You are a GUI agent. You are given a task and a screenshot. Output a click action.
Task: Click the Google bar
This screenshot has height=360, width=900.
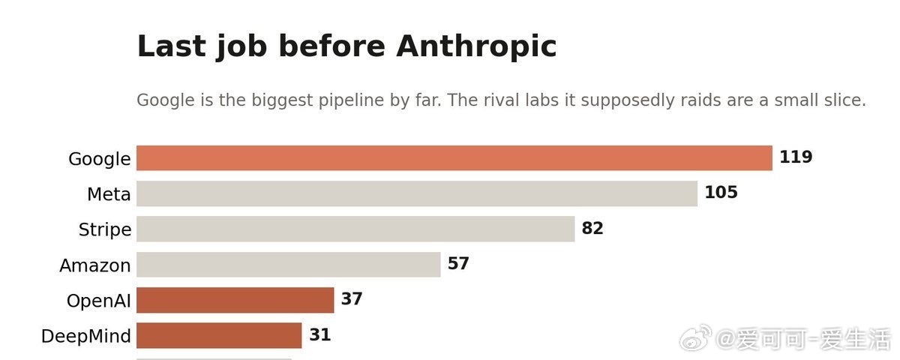[454, 158]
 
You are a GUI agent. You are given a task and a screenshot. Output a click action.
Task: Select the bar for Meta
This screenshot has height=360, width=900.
[417, 193]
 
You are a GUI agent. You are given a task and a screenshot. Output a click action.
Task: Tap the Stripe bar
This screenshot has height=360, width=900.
[355, 229]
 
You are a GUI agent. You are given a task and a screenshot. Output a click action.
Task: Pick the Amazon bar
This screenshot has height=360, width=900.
[289, 264]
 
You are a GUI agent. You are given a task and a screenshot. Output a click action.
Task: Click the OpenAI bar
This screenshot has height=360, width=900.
[235, 300]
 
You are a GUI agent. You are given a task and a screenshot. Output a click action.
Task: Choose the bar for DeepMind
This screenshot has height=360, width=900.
[219, 335]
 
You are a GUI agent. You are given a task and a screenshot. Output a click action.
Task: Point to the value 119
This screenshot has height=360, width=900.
[796, 157]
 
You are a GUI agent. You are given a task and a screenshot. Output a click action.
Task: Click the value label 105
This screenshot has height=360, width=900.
[721, 192]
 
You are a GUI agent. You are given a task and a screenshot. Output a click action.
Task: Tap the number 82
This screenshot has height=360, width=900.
[592, 228]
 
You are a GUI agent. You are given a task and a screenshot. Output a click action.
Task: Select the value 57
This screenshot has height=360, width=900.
[458, 263]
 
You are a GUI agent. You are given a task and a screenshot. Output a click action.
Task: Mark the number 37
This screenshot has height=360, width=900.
[352, 298]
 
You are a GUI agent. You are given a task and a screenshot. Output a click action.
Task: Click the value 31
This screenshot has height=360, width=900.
[319, 334]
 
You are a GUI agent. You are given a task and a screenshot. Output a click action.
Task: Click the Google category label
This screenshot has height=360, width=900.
[100, 159]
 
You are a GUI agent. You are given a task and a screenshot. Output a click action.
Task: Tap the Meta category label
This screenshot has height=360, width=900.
[109, 194]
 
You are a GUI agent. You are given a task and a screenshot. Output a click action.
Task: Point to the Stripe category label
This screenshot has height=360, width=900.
[105, 229]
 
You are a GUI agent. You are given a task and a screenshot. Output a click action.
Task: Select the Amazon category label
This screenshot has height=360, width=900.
[95, 265]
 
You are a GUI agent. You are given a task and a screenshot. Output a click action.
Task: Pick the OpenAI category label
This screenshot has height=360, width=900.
[99, 301]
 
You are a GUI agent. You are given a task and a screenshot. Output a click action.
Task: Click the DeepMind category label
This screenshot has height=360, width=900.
[86, 336]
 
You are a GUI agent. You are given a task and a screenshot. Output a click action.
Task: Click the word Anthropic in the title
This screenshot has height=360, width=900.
[476, 46]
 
